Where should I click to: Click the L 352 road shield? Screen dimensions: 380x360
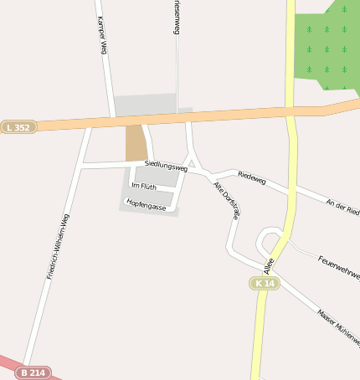18,127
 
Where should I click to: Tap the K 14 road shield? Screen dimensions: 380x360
265,284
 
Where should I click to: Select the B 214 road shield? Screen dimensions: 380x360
34,372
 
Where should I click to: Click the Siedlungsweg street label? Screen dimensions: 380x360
166,166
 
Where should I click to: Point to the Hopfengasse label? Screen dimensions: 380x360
147,204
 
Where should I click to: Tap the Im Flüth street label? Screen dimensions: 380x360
144,186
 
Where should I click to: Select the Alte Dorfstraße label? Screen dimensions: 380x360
227,200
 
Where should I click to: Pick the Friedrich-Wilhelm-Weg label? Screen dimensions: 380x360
58,246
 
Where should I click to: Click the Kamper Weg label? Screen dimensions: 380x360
103,35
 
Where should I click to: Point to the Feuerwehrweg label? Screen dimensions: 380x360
339,267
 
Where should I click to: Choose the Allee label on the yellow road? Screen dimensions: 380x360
269,265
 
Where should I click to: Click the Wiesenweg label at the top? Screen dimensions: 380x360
176,17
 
